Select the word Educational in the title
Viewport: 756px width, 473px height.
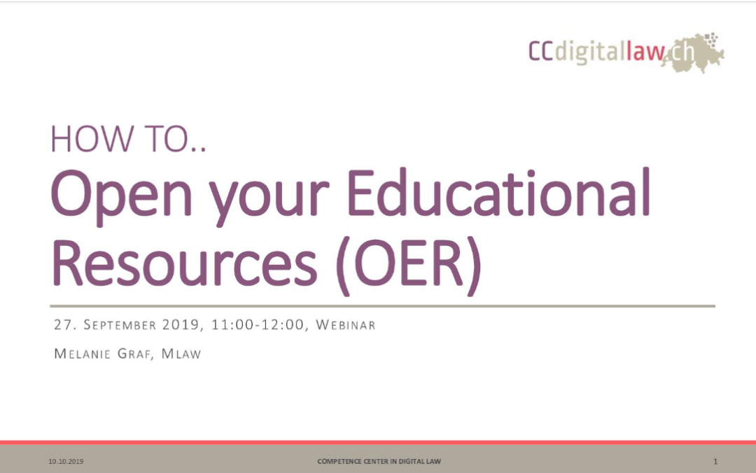(x=498, y=191)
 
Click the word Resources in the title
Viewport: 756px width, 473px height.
(x=184, y=261)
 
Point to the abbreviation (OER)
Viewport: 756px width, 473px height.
(x=408, y=265)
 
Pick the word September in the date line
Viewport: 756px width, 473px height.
(x=120, y=325)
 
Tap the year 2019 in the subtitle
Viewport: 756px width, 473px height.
(x=181, y=325)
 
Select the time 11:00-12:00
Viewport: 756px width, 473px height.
(x=258, y=325)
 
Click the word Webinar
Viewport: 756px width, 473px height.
(x=345, y=325)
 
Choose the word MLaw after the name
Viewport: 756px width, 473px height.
(x=181, y=354)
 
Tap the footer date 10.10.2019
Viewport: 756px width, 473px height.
(x=66, y=461)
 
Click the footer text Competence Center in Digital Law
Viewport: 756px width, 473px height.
(x=379, y=461)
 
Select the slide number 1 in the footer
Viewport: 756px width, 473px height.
(x=715, y=461)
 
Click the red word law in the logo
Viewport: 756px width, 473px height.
(x=645, y=50)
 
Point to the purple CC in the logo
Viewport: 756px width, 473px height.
(x=541, y=50)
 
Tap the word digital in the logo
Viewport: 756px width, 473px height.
(x=590, y=52)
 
